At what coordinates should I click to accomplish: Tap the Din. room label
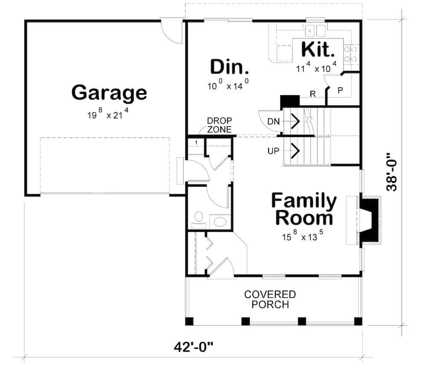click(x=229, y=67)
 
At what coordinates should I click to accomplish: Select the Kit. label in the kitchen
click(x=318, y=50)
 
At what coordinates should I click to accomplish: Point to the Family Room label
click(x=304, y=209)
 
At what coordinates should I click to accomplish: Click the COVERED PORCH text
click(x=270, y=300)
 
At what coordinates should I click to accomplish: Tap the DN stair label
click(x=273, y=122)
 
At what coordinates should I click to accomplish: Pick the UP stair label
click(x=273, y=150)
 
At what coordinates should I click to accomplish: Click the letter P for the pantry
click(x=340, y=91)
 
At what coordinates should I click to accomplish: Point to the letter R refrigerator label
click(x=313, y=94)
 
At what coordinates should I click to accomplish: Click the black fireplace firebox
click(x=370, y=220)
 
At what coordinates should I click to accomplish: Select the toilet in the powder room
click(x=198, y=218)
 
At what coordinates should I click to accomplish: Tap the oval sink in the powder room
click(x=220, y=221)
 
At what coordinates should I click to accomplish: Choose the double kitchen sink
click(x=316, y=30)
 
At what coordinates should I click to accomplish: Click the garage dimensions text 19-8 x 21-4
click(x=109, y=115)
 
